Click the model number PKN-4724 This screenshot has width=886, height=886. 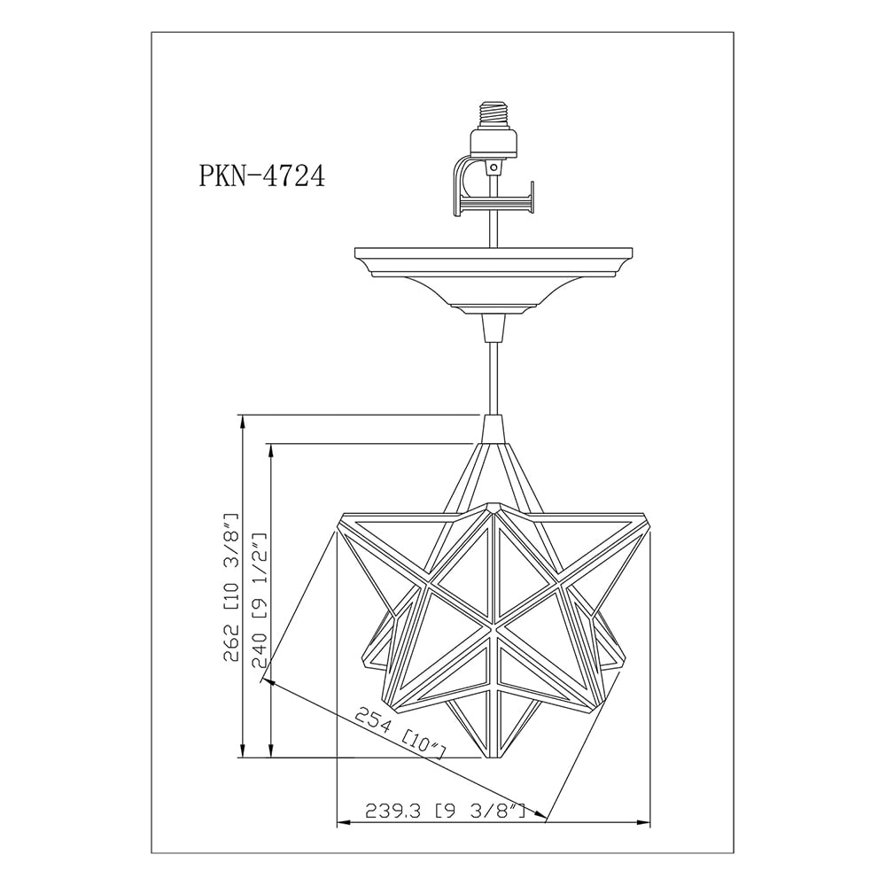pos(261,175)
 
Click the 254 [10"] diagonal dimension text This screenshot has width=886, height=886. pos(400,734)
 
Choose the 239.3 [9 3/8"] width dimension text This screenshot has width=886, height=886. pos(446,812)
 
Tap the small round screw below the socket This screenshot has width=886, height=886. pos(495,167)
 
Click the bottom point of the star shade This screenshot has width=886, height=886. pos(494,758)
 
